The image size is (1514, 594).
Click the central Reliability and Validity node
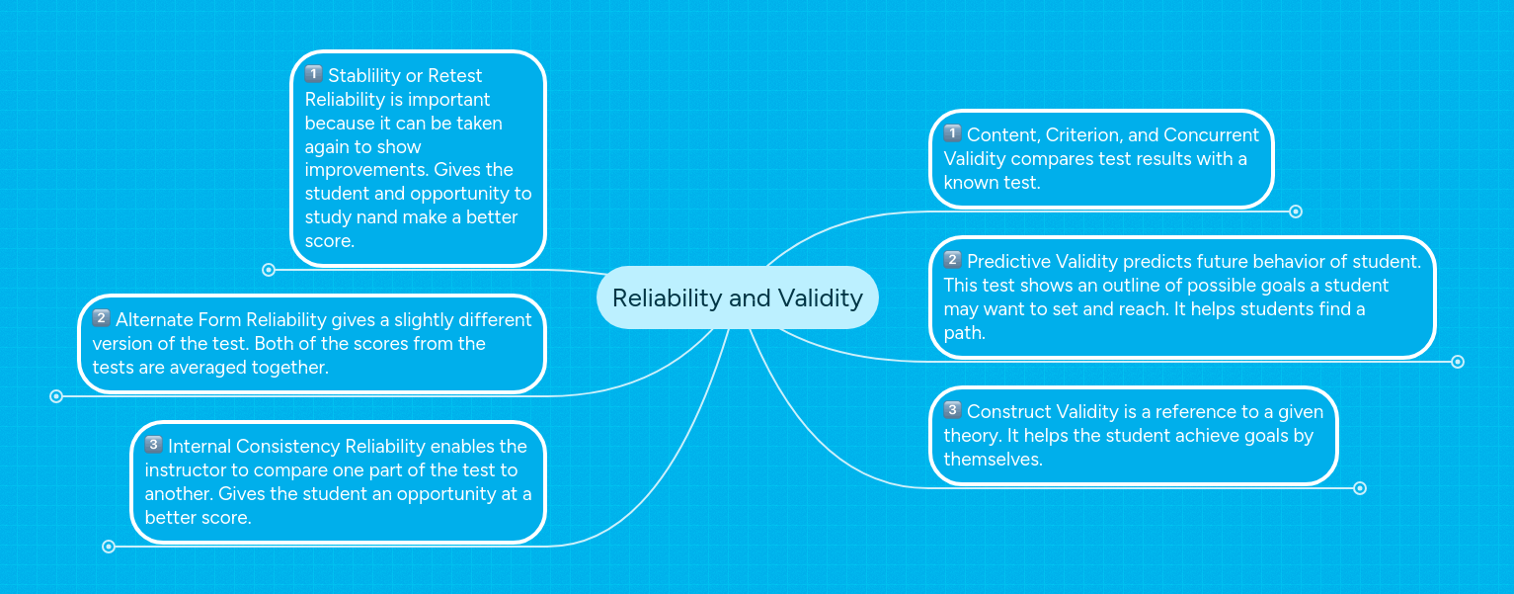click(737, 297)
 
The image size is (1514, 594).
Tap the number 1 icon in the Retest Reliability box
click(314, 74)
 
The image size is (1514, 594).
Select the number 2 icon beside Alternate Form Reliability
click(101, 318)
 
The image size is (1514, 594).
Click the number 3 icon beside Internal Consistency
click(153, 445)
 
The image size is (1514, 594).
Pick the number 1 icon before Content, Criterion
click(952, 133)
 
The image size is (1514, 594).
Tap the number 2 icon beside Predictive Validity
click(952, 260)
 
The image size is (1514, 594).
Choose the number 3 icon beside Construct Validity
click(952, 410)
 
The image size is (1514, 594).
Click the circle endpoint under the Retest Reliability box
click(269, 270)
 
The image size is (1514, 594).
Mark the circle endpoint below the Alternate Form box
click(56, 396)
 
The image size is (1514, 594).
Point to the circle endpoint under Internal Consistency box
click(109, 547)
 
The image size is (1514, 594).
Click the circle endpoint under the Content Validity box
click(1296, 212)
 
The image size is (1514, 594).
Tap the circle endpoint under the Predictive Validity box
click(1457, 362)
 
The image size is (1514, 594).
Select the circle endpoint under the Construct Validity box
click(1359, 488)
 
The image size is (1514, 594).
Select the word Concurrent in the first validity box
click(1211, 135)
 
